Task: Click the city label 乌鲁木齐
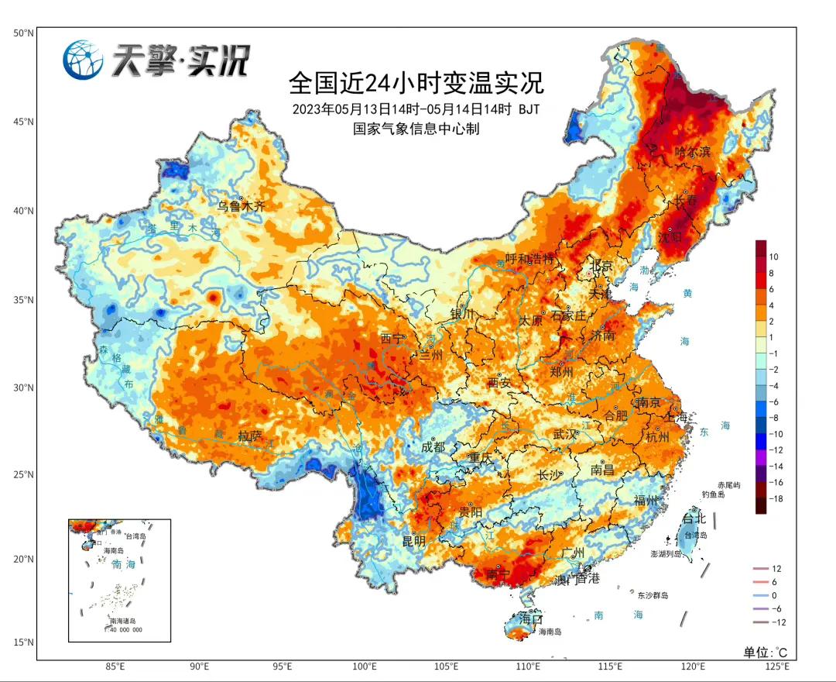[x=241, y=207]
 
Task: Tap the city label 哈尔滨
[x=692, y=152]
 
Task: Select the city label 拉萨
[x=251, y=436]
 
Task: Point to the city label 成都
[x=433, y=447]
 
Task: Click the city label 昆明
[x=413, y=541]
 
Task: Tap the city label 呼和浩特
[x=530, y=259]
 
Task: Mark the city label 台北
[x=691, y=518]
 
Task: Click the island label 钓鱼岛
[x=713, y=494]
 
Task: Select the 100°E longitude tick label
[x=365, y=666]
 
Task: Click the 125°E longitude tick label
[x=776, y=666]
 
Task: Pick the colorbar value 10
[x=774, y=257]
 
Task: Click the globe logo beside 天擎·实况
[x=83, y=60]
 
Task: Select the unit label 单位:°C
[x=765, y=652]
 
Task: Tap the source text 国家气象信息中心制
[x=416, y=129]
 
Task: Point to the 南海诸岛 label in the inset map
[x=122, y=622]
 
